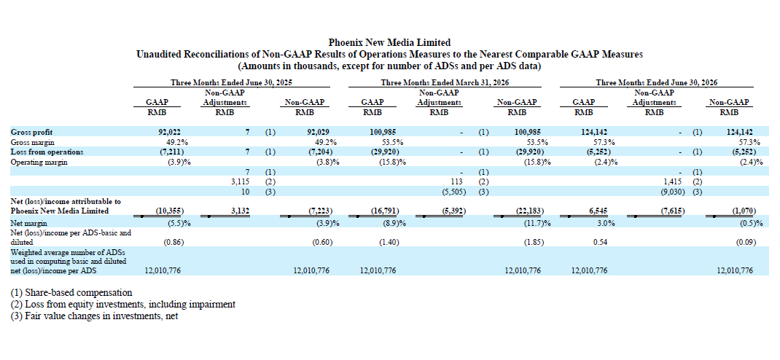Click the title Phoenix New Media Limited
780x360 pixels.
point(389,42)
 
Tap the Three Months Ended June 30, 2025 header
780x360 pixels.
point(231,82)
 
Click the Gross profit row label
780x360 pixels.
point(32,132)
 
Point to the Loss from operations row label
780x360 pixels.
point(47,152)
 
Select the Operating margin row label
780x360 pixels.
point(39,162)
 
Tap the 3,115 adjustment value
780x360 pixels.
point(241,181)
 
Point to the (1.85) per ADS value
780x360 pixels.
point(533,242)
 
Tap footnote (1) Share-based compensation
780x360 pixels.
point(71,292)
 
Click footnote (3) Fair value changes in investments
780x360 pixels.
point(95,316)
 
